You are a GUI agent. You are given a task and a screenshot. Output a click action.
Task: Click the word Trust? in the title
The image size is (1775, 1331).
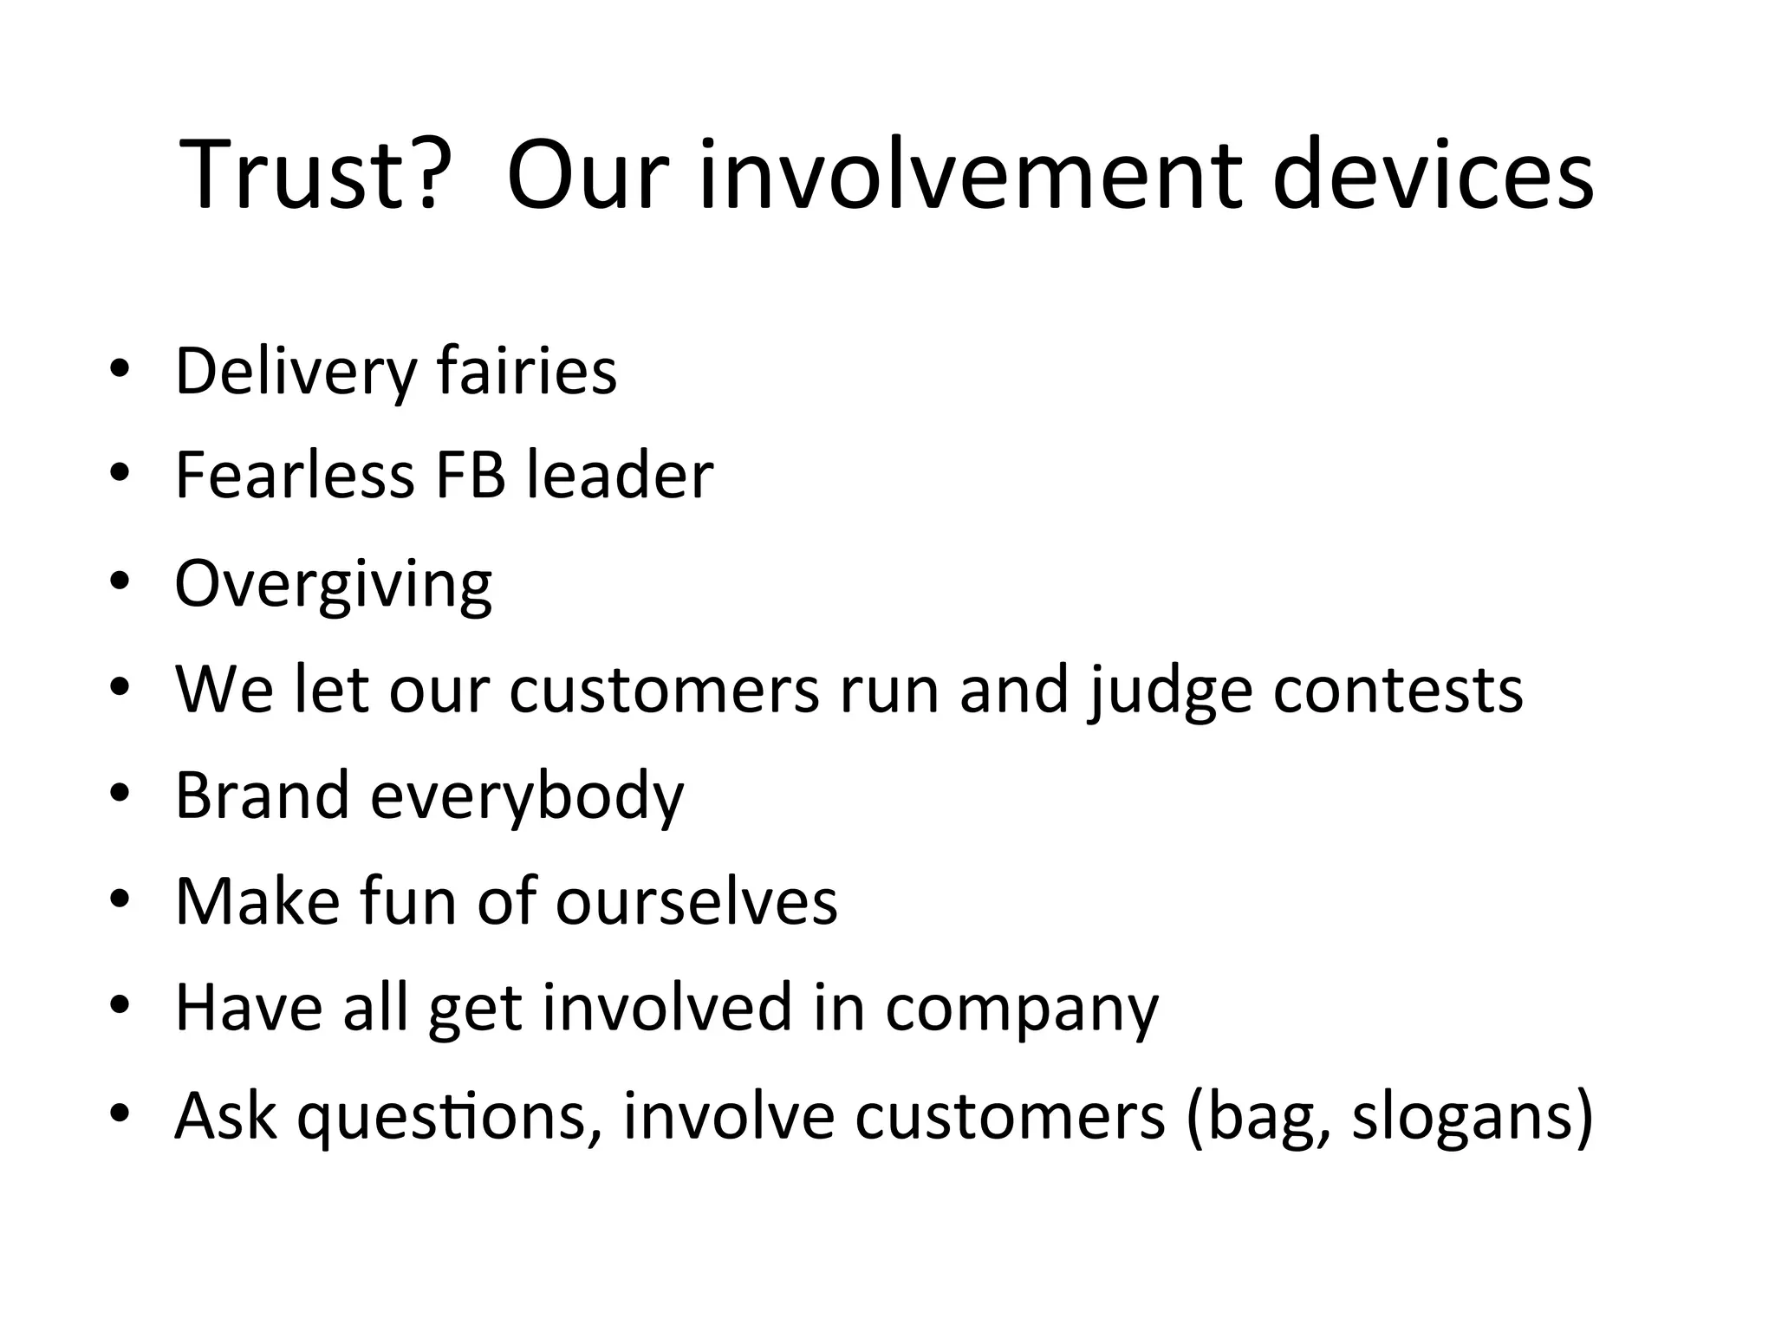315,175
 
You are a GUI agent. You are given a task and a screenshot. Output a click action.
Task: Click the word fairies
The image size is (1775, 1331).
527,371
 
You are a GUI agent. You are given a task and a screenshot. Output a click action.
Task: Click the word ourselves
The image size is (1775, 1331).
697,901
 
